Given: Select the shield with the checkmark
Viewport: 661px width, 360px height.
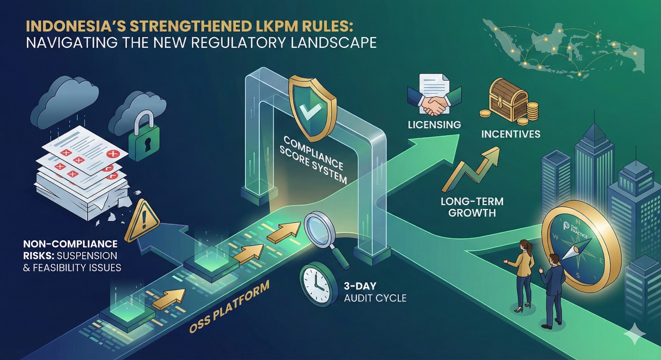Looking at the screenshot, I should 312,107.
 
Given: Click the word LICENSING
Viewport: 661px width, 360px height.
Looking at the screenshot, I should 434,125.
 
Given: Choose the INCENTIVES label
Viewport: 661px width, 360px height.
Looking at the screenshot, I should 511,134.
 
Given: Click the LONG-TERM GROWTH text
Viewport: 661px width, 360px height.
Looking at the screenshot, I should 472,207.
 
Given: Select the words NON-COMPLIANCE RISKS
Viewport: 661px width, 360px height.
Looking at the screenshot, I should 70,250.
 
